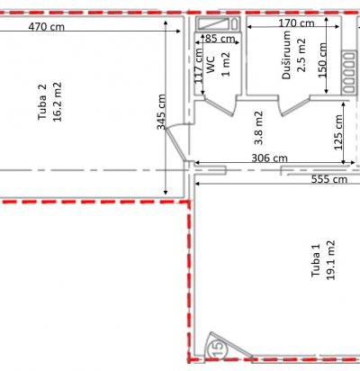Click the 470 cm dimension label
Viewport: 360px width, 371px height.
(x=47, y=27)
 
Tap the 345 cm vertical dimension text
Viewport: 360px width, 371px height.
(x=161, y=112)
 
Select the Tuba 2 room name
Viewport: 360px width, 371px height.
(x=42, y=102)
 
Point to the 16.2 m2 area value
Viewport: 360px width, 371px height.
(x=58, y=102)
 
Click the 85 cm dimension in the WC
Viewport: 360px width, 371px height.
(x=220, y=39)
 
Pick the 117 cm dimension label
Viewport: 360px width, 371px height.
(x=199, y=66)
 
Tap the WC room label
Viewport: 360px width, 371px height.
(x=211, y=64)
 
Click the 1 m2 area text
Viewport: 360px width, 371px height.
(x=226, y=64)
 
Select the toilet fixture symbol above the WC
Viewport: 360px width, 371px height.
(x=218, y=23)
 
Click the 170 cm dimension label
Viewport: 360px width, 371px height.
(x=296, y=23)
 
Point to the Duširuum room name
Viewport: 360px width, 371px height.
(x=287, y=55)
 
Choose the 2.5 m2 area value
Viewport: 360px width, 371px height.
(x=301, y=55)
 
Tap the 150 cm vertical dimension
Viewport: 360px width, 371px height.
(x=322, y=60)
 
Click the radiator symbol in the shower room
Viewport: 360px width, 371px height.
(x=348, y=72)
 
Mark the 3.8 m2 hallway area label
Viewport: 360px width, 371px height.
(x=258, y=128)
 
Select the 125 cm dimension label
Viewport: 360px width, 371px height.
(x=338, y=132)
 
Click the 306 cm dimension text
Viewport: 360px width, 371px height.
(x=269, y=158)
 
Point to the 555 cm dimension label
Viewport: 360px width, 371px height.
(x=329, y=179)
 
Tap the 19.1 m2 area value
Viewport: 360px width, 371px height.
(x=330, y=260)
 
